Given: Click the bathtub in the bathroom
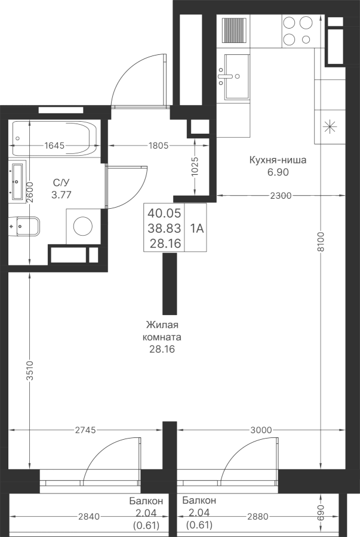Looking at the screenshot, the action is click(55, 138).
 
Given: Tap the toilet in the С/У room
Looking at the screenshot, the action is click(24, 226).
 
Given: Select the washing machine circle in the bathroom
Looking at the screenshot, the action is click(83, 226).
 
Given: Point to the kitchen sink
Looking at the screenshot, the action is click(237, 76).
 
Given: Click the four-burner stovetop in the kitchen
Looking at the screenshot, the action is click(298, 31).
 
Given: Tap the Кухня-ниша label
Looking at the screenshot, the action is click(278, 160).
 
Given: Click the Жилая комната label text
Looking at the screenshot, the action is click(162, 331).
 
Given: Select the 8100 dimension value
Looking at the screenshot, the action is click(321, 242).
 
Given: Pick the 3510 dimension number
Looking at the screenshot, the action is click(30, 370).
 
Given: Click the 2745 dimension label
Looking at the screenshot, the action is click(85, 430).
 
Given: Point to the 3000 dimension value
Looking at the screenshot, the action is click(261, 430).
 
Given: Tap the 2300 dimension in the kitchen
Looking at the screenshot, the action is click(281, 196).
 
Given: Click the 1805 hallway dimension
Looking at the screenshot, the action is click(159, 146).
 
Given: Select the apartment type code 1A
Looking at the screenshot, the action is click(197, 228).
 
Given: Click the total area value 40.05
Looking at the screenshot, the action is click(164, 213).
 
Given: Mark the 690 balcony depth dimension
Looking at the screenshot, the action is click(321, 513).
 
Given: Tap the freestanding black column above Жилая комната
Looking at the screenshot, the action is click(170, 283).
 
